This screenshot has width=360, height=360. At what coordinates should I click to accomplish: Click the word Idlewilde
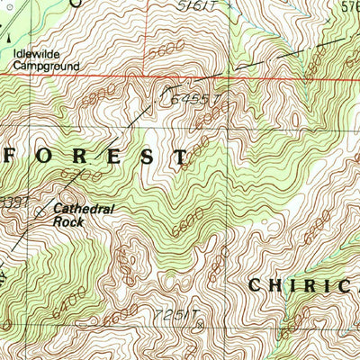point(34,53)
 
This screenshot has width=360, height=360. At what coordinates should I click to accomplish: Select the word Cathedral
point(84,207)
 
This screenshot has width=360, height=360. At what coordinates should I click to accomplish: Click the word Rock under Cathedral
point(67,220)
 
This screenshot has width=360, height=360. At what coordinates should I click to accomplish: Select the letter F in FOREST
point(15,156)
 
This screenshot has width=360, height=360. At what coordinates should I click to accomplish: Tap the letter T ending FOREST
point(182,156)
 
